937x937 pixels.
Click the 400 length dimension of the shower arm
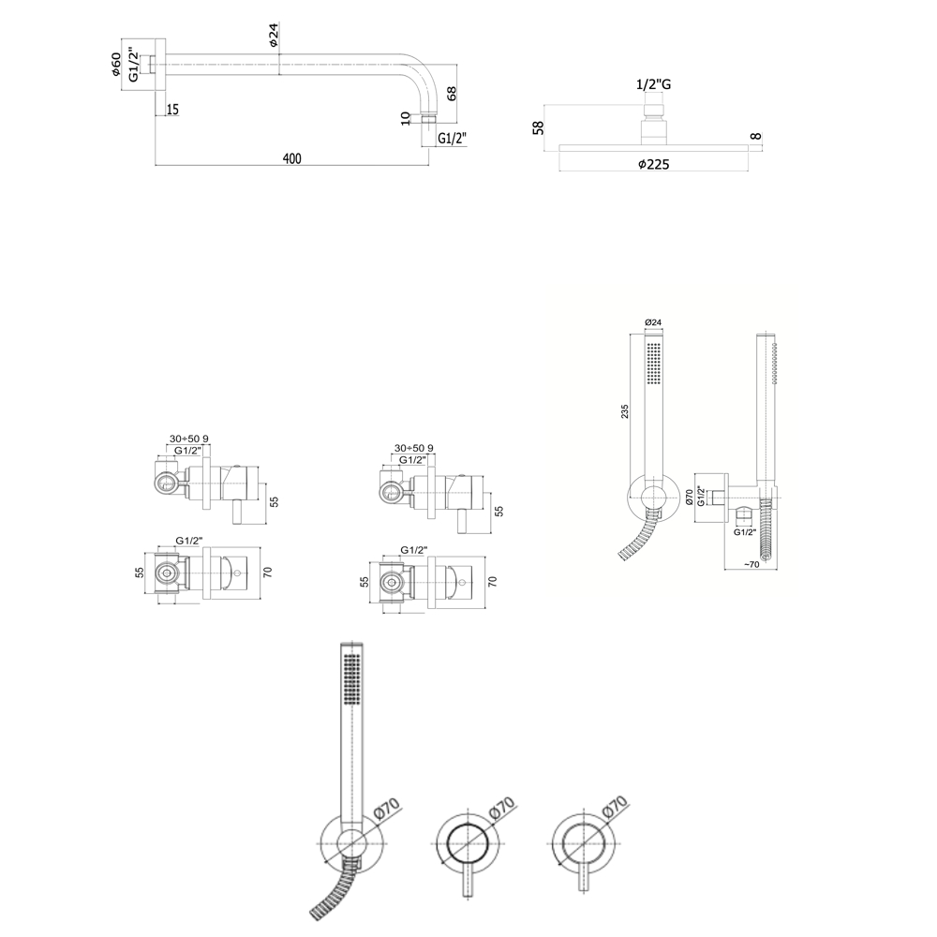(x=291, y=158)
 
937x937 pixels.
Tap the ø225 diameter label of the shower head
(x=653, y=164)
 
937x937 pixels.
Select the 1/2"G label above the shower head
(x=653, y=84)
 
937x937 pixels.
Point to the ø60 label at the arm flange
(x=115, y=65)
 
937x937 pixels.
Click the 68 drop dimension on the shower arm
(x=452, y=93)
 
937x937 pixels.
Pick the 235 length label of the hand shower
(x=624, y=411)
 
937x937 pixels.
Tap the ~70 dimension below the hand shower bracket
(x=751, y=564)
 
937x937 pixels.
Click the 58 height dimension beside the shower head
(x=539, y=127)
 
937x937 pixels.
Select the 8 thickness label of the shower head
(x=756, y=136)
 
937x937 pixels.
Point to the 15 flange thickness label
(x=172, y=110)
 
